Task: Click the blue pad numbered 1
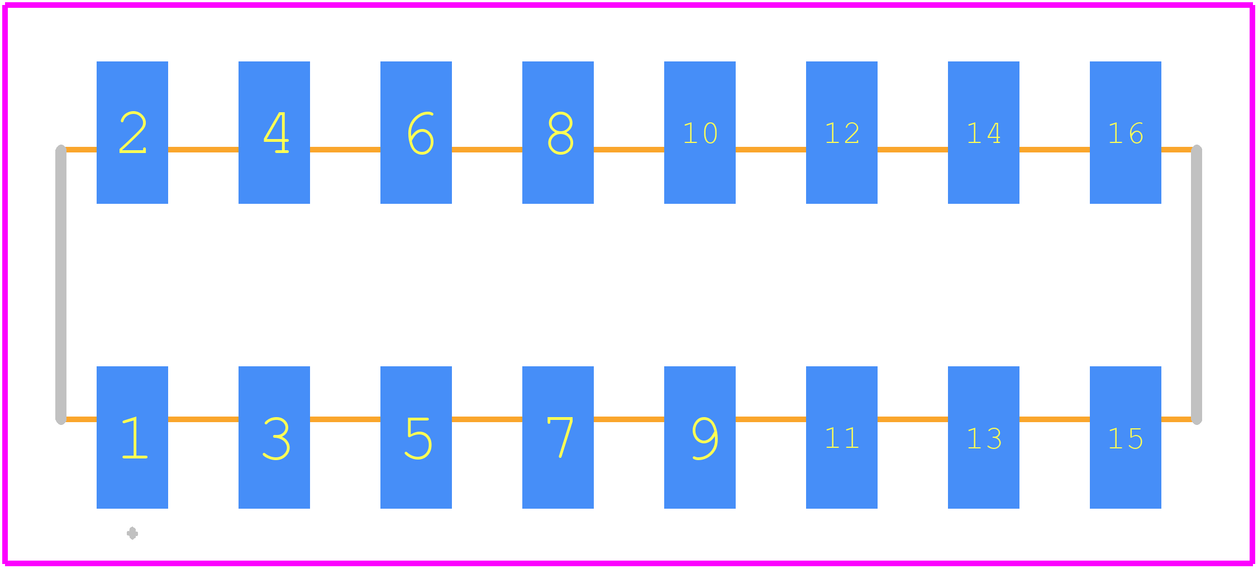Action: [x=132, y=437]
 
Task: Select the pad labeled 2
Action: [x=132, y=132]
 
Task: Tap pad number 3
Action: [x=274, y=437]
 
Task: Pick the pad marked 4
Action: [x=274, y=132]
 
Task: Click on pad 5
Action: [x=416, y=437]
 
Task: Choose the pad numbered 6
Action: [x=416, y=132]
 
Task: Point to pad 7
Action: [x=558, y=437]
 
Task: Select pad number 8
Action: [x=558, y=132]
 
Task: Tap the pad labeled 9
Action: [x=700, y=437]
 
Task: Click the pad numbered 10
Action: [x=700, y=132]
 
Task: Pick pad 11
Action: [x=842, y=437]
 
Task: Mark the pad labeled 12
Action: [x=842, y=132]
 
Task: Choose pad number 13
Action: [x=984, y=437]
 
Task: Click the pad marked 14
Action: [x=984, y=132]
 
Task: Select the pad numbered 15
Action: [x=1126, y=437]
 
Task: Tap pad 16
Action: [x=1126, y=132]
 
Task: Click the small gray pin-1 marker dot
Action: [x=132, y=533]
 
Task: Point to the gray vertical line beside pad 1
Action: [x=61, y=285]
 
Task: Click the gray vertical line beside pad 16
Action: [x=1197, y=285]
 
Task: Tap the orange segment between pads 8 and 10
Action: [x=629, y=150]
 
